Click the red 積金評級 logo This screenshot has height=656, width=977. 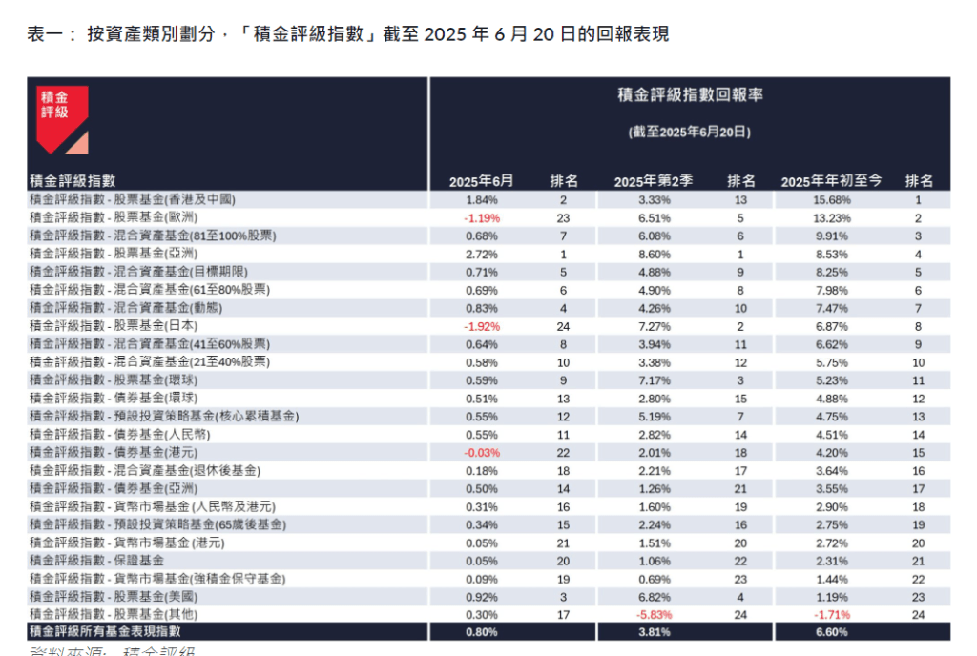(x=62, y=118)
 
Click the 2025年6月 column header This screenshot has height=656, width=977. (x=481, y=181)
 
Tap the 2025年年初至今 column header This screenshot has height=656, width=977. (x=831, y=181)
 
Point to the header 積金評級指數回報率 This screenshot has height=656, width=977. (x=690, y=95)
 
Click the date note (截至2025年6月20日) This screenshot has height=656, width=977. (x=690, y=132)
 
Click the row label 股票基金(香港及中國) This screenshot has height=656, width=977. (x=133, y=199)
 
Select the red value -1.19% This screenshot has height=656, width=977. (x=481, y=217)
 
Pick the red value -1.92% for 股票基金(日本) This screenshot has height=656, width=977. (x=481, y=326)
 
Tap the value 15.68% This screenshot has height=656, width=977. (x=831, y=199)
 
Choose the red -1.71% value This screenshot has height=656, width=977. (x=831, y=614)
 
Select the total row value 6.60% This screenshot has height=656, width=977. (x=831, y=631)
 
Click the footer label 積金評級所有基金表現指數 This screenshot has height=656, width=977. (x=105, y=631)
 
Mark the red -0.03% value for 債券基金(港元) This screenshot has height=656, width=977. (x=481, y=452)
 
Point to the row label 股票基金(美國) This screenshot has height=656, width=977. (x=118, y=596)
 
